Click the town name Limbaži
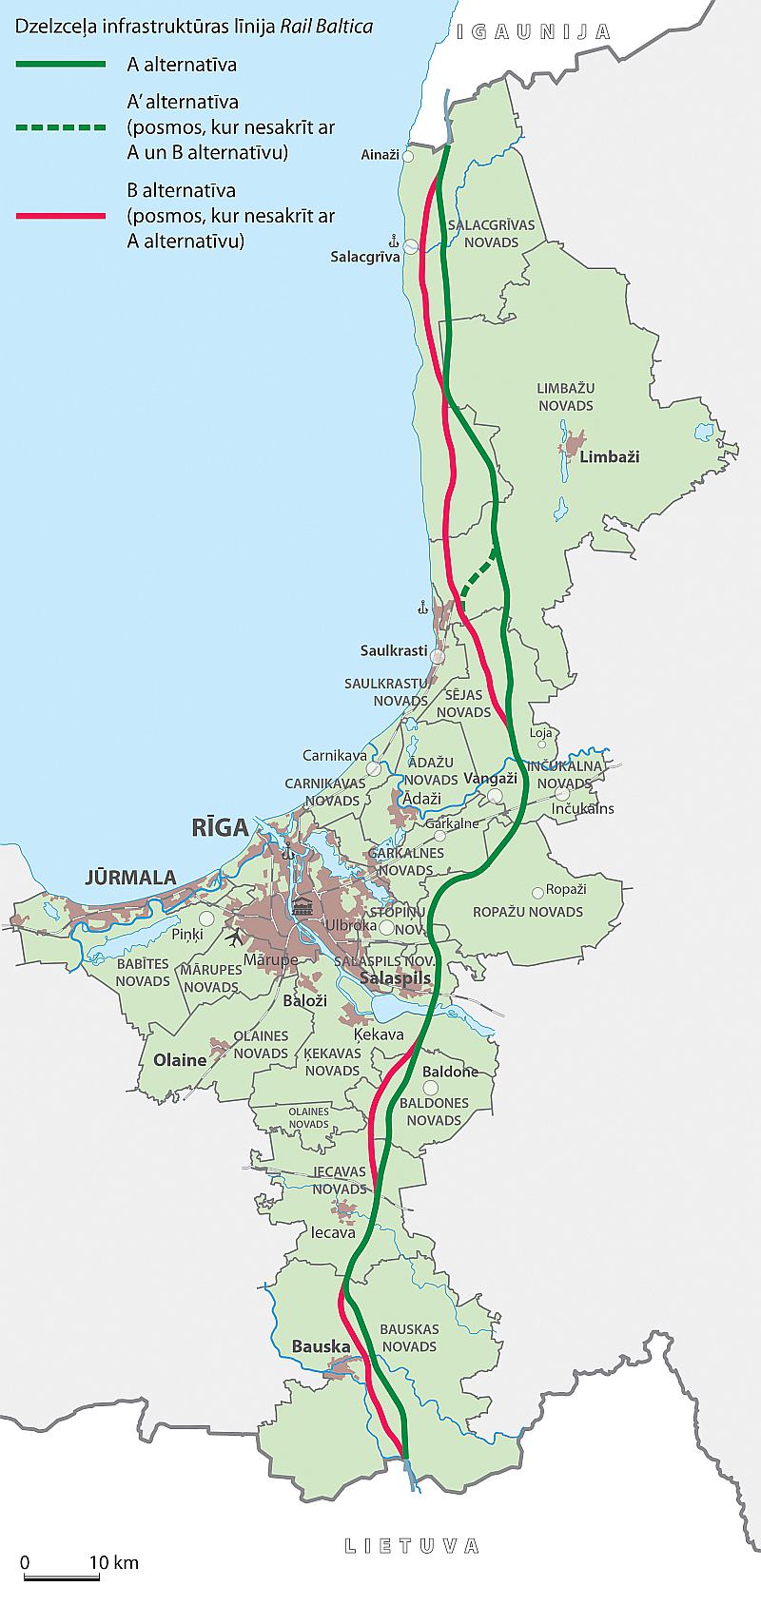609,456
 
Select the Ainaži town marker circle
408,155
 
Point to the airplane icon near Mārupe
235,936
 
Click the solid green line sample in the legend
61,64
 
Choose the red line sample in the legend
61,217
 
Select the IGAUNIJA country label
533,31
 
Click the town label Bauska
321,1346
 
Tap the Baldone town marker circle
430,1088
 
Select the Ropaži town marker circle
538,892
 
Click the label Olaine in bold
180,1060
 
